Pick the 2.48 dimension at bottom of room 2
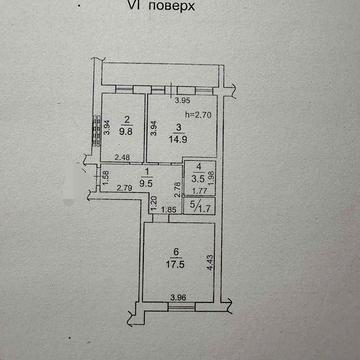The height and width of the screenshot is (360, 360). [122, 157]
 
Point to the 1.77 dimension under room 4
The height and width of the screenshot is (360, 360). [200, 190]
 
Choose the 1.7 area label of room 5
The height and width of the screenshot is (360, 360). [204, 209]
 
